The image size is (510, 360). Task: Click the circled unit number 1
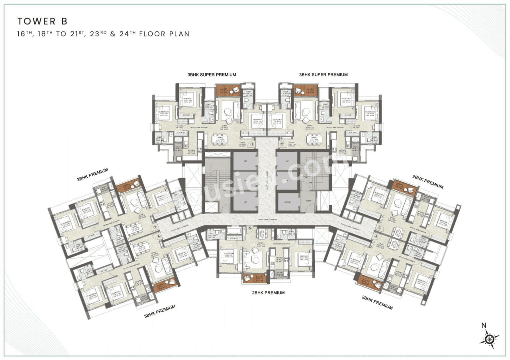coord(252,144)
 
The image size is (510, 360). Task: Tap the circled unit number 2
coord(281,144)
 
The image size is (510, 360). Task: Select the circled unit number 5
coord(250,228)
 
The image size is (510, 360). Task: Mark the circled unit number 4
coord(376,236)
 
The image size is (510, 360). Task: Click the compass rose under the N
coord(489,339)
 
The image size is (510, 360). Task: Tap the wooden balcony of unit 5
coord(254,278)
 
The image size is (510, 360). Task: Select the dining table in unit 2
coord(314,138)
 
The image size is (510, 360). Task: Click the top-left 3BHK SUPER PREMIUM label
coord(212,74)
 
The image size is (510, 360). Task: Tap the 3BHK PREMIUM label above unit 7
coord(92,174)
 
